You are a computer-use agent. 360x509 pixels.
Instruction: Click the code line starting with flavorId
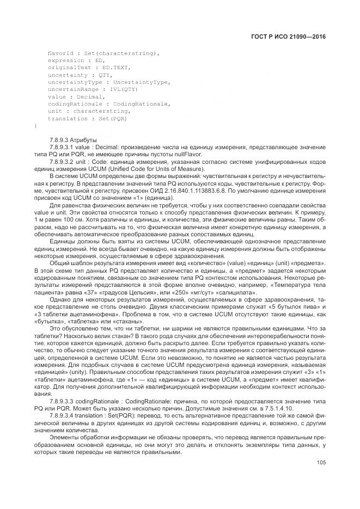(103, 53)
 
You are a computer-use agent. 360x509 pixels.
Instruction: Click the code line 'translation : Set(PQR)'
(87, 118)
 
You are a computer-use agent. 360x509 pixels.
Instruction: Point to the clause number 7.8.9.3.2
(64, 162)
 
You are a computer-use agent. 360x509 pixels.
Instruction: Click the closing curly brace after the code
(36, 126)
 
